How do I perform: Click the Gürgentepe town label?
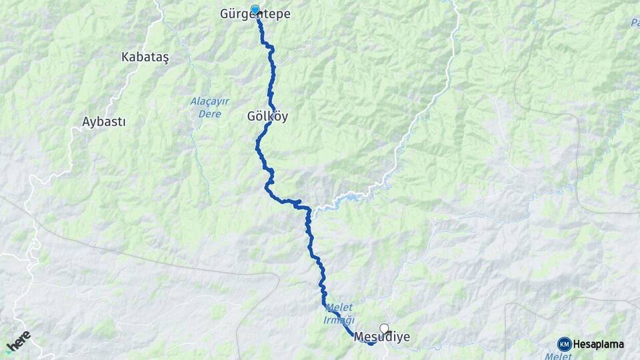tap(255, 14)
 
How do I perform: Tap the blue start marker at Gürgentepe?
tap(255, 9)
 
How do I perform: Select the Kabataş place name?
tap(145, 57)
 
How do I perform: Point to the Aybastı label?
tap(104, 122)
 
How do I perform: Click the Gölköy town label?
tap(267, 116)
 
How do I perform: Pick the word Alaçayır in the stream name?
tap(210, 102)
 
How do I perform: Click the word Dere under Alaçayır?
tap(209, 113)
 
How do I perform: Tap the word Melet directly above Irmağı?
tap(339, 307)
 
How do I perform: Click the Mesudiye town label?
tap(382, 337)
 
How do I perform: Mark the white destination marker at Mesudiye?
tap(384, 327)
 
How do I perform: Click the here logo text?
tap(19, 341)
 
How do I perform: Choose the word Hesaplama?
tap(599, 345)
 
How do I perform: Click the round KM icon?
tap(564, 344)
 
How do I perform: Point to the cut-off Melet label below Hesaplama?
tap(559, 357)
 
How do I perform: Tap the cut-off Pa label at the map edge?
tap(634, 23)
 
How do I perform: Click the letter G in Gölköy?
tap(252, 116)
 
